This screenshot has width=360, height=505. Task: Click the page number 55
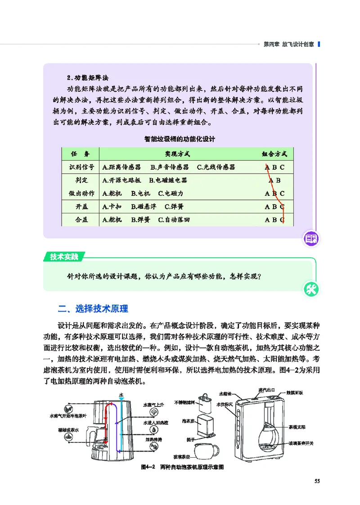[x=317, y=482]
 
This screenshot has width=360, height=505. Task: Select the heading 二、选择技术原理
[x=94, y=309]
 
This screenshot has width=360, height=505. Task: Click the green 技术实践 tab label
[x=64, y=257]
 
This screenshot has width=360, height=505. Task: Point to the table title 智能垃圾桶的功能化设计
[x=180, y=139]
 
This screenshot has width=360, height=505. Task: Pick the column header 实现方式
[x=177, y=154]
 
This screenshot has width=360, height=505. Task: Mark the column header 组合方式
[x=274, y=154]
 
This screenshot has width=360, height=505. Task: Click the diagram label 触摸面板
[x=295, y=392]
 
